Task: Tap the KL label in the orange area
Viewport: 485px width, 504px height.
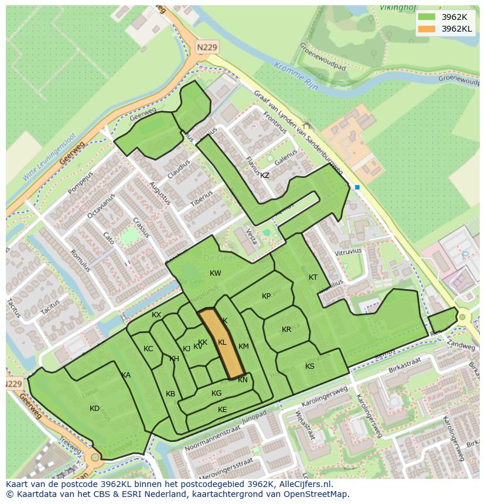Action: (222, 342)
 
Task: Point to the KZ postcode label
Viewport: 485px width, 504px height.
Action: (265, 176)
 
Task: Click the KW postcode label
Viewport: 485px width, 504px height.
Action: (216, 273)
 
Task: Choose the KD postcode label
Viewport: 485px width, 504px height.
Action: (95, 409)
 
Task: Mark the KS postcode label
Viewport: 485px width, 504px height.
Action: (310, 366)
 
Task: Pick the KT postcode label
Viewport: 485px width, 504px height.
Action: (313, 277)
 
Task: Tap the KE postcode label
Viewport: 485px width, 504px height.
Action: (222, 410)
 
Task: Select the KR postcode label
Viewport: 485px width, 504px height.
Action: (286, 330)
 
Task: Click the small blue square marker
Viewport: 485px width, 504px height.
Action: (357, 187)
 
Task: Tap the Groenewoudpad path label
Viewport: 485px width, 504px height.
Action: (323, 57)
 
